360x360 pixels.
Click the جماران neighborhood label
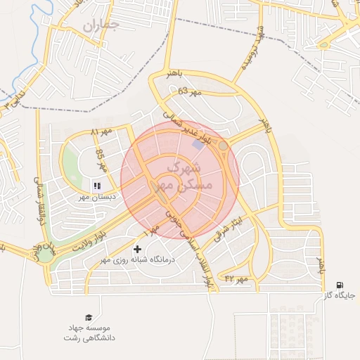pyautogui.click(x=101, y=25)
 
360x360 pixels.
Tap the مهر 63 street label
pyautogui.click(x=189, y=91)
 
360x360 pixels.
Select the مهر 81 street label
pyautogui.click(x=101, y=132)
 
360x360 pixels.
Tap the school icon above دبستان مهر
pyautogui.click(x=96, y=186)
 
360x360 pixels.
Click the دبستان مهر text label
pyautogui.click(x=96, y=198)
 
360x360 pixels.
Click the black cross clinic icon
pyautogui.click(x=137, y=249)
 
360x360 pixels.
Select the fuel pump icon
pyautogui.click(x=340, y=285)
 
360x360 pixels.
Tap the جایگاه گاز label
pyautogui.click(x=340, y=296)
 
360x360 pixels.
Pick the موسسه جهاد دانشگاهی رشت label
pyautogui.click(x=90, y=333)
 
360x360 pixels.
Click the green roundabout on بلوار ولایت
pyautogui.click(x=46, y=256)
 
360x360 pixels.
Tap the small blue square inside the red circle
pyautogui.click(x=196, y=143)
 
